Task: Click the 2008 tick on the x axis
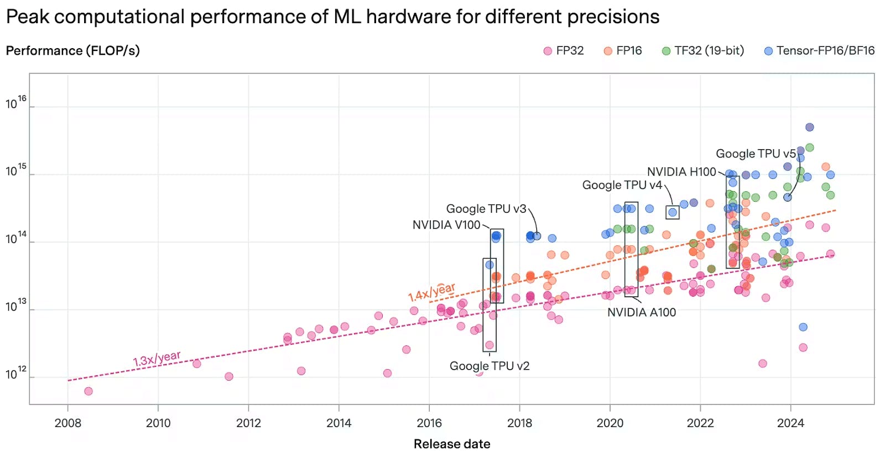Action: [68, 423]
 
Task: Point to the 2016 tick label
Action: [429, 423]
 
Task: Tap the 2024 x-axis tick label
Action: [790, 423]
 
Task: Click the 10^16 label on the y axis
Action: [16, 103]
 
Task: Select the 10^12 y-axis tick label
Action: [16, 374]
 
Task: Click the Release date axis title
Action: [452, 444]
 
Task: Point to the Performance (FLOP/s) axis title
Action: [72, 51]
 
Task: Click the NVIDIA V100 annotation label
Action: [446, 225]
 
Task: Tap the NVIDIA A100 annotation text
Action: [642, 313]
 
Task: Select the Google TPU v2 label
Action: [490, 366]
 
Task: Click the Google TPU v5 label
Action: [756, 154]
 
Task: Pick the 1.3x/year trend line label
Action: [157, 359]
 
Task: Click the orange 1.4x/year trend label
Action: [432, 292]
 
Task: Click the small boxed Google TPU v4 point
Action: [673, 212]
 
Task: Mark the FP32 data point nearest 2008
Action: [88, 391]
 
